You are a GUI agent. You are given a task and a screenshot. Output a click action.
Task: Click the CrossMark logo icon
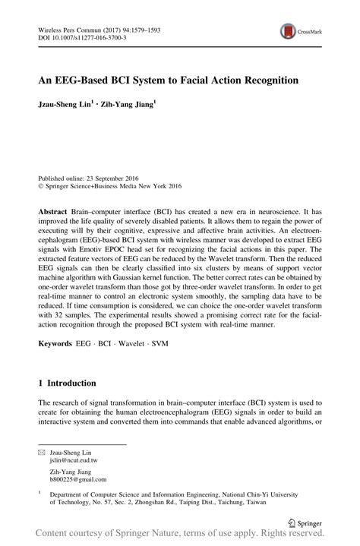[289, 31]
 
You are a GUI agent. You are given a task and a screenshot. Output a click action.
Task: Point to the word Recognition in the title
[258, 79]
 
